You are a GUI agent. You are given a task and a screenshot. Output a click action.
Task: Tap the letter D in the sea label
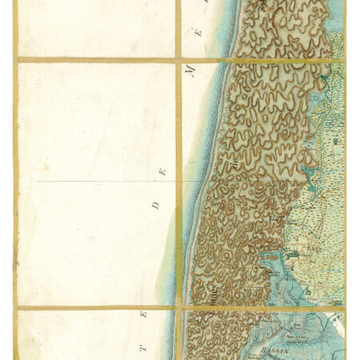coord(156,205)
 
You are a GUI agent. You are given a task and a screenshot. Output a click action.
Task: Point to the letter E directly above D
coord(164,171)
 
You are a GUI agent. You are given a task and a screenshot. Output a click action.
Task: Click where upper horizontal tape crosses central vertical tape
coord(178,59)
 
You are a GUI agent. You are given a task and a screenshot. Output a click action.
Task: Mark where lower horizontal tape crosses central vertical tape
coord(178,307)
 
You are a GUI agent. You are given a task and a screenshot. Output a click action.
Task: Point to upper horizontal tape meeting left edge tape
coord(15,59)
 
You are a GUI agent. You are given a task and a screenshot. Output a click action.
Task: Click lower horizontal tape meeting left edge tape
coord(15,307)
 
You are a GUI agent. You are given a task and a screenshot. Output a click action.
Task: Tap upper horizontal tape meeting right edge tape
coord(345,59)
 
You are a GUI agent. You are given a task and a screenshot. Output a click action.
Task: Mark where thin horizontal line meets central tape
coord(178,182)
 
